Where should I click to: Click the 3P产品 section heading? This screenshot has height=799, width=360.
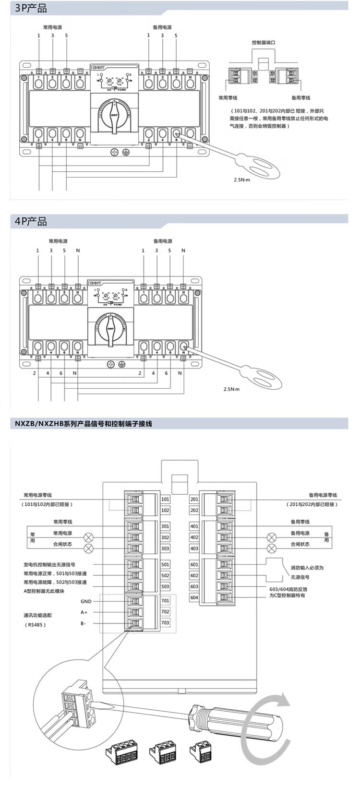(x=31, y=8)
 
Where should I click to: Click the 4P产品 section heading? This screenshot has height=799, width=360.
(x=31, y=221)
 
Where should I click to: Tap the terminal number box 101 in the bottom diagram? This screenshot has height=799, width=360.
(x=165, y=499)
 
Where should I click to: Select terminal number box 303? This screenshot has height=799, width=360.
(x=165, y=549)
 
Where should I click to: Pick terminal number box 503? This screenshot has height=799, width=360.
(x=165, y=586)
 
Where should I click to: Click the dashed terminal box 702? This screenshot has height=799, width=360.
(x=165, y=612)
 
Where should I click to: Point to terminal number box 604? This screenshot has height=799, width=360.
(x=194, y=597)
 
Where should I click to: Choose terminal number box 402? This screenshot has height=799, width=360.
(x=194, y=537)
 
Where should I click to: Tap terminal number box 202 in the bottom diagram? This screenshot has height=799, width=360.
(x=194, y=510)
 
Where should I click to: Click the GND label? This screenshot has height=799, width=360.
(x=86, y=601)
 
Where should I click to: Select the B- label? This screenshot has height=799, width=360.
(x=84, y=623)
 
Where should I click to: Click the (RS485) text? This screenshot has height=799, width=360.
(x=36, y=625)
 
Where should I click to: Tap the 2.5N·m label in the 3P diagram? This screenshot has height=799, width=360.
(x=242, y=179)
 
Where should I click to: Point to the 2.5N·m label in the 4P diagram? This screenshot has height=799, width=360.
(x=231, y=389)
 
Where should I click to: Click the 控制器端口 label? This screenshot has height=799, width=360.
(x=264, y=43)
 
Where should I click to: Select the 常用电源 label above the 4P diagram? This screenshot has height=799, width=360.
(x=58, y=241)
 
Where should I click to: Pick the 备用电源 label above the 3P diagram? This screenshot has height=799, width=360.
(x=162, y=27)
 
